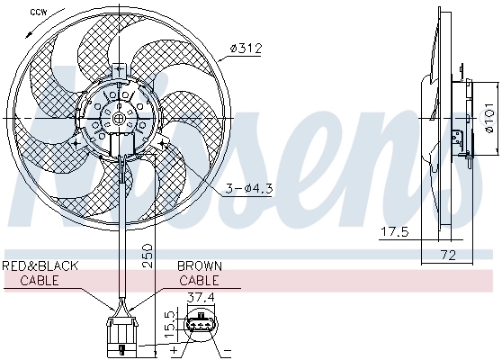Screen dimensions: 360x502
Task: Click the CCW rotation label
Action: click(x=38, y=12)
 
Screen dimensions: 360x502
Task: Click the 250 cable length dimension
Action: click(x=146, y=257)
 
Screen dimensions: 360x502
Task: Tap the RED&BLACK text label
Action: click(x=40, y=266)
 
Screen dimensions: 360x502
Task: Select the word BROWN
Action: click(x=199, y=266)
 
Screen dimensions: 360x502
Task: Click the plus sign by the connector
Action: click(x=172, y=347)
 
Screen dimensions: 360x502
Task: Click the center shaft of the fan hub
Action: click(x=120, y=117)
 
